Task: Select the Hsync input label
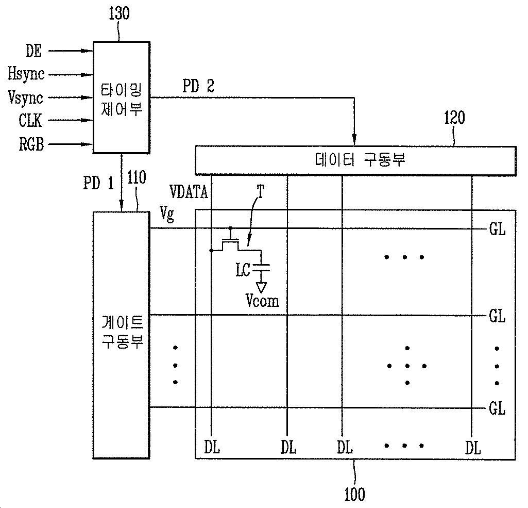pyautogui.click(x=26, y=74)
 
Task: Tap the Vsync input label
pyautogui.click(x=26, y=97)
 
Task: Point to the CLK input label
pyautogui.click(x=30, y=121)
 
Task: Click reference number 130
pyautogui.click(x=119, y=14)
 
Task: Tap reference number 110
pyautogui.click(x=136, y=178)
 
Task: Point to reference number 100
pyautogui.click(x=354, y=494)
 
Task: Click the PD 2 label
pyautogui.click(x=198, y=87)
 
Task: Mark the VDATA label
pyautogui.click(x=190, y=193)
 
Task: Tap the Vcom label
pyautogui.click(x=263, y=300)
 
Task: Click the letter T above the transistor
pyautogui.click(x=261, y=192)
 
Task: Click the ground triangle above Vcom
pyautogui.click(x=262, y=286)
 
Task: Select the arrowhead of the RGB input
pyautogui.click(x=89, y=145)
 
